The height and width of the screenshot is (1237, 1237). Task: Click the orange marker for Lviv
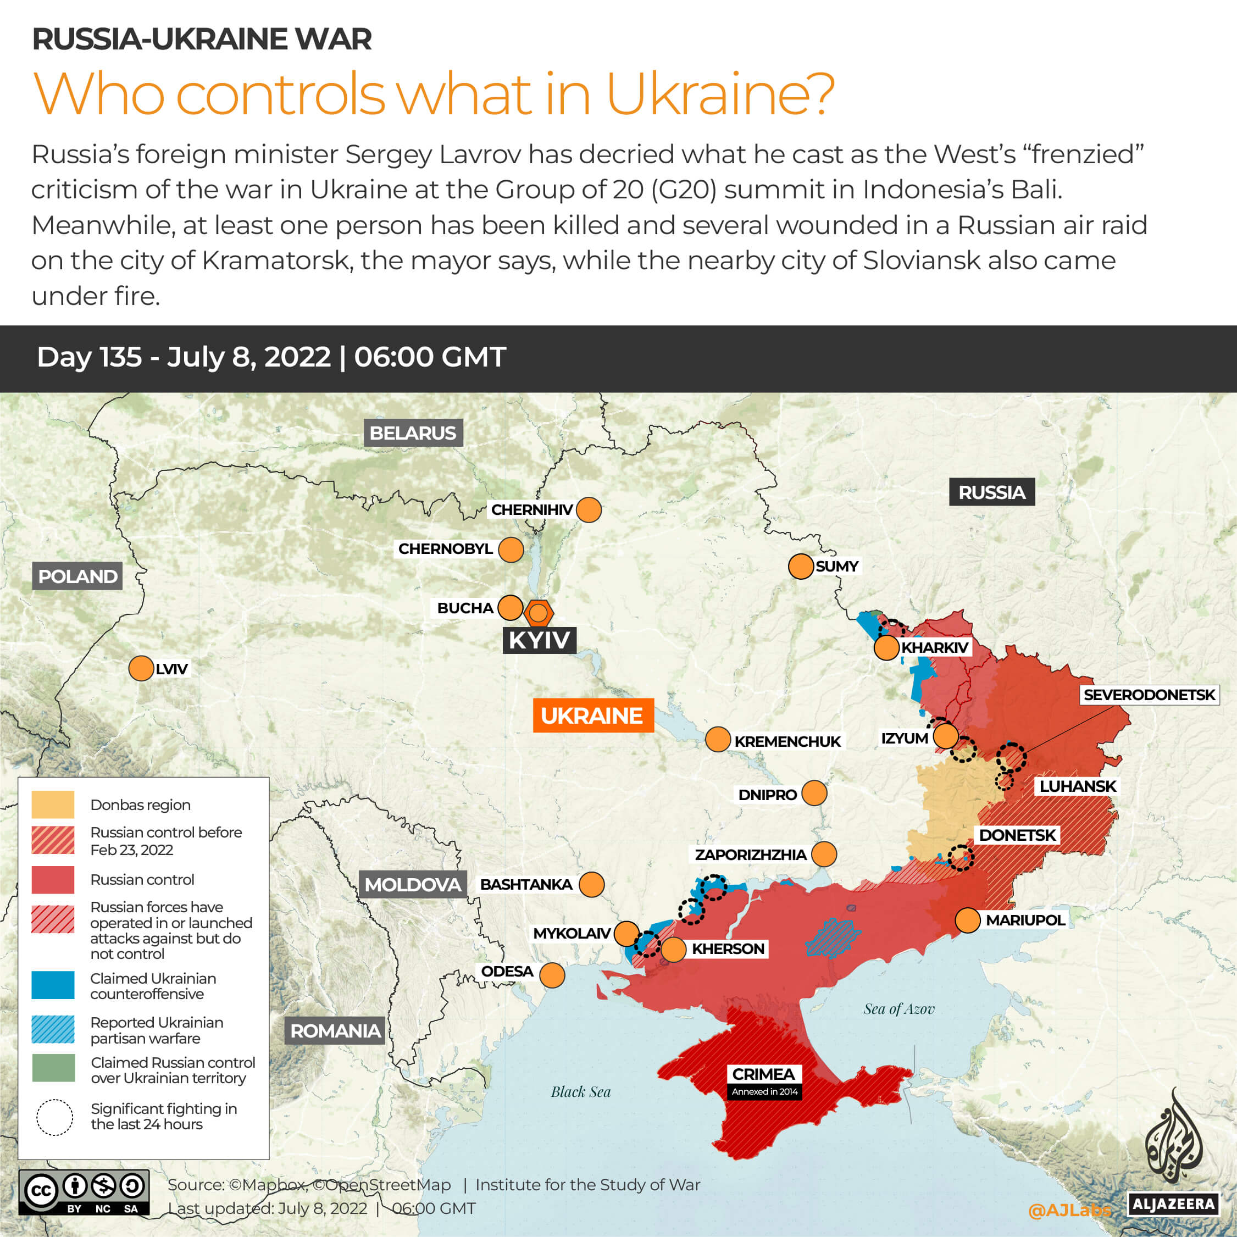[141, 668]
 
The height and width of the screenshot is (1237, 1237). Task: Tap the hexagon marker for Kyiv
[539, 613]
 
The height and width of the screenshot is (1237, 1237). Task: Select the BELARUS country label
[413, 433]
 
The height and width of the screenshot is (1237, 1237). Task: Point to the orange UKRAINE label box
[593, 715]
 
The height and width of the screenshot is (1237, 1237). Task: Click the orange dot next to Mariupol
[967, 920]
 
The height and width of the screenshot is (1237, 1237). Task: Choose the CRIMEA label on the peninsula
[763, 1074]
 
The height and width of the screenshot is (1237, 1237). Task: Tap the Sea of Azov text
[898, 1009]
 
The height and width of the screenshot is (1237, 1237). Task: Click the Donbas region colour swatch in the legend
[53, 804]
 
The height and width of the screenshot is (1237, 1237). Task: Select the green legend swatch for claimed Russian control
[53, 1068]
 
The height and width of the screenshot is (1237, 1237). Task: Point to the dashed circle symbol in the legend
[54, 1117]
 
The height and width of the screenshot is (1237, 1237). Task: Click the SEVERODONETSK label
[1149, 695]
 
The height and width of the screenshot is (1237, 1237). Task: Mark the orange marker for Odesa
[552, 975]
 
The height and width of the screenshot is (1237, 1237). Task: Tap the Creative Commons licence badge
[84, 1192]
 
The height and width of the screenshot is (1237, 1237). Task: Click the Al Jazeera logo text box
[1173, 1203]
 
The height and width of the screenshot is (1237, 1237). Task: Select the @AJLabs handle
[1070, 1210]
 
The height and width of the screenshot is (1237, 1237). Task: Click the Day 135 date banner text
[271, 357]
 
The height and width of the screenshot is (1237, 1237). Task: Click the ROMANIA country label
[335, 1031]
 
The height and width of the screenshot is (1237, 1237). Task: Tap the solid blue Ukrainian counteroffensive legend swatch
[53, 985]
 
